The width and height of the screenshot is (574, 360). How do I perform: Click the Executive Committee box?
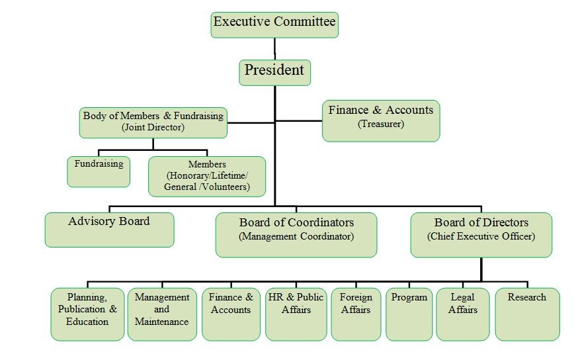[x=274, y=24]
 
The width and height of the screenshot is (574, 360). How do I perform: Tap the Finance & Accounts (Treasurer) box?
[x=381, y=120]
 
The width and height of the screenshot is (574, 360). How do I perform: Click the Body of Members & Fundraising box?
[x=153, y=122]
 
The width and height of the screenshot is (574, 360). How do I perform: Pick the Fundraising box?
[x=99, y=171]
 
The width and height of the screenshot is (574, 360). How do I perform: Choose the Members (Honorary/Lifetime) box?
[x=207, y=176]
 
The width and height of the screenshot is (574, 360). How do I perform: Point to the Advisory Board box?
[x=109, y=229]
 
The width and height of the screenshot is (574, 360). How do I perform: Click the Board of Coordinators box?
[x=296, y=234]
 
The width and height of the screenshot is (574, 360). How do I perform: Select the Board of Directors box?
[x=481, y=234]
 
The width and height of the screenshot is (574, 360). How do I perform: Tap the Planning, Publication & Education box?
[x=87, y=314]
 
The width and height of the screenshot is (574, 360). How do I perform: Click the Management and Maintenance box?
[x=162, y=314]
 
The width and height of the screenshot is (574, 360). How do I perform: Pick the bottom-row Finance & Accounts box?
[x=231, y=314]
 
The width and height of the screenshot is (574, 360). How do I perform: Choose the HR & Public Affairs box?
[x=296, y=314]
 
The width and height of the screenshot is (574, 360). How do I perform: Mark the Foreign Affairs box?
[x=356, y=314]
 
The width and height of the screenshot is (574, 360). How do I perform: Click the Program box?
[x=409, y=314]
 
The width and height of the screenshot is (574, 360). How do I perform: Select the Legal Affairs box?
[x=463, y=314]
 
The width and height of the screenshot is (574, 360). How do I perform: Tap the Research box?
[x=527, y=314]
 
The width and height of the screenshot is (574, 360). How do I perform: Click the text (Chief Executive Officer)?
[x=481, y=236]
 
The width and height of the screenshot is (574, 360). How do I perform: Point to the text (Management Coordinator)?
[x=296, y=236]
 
